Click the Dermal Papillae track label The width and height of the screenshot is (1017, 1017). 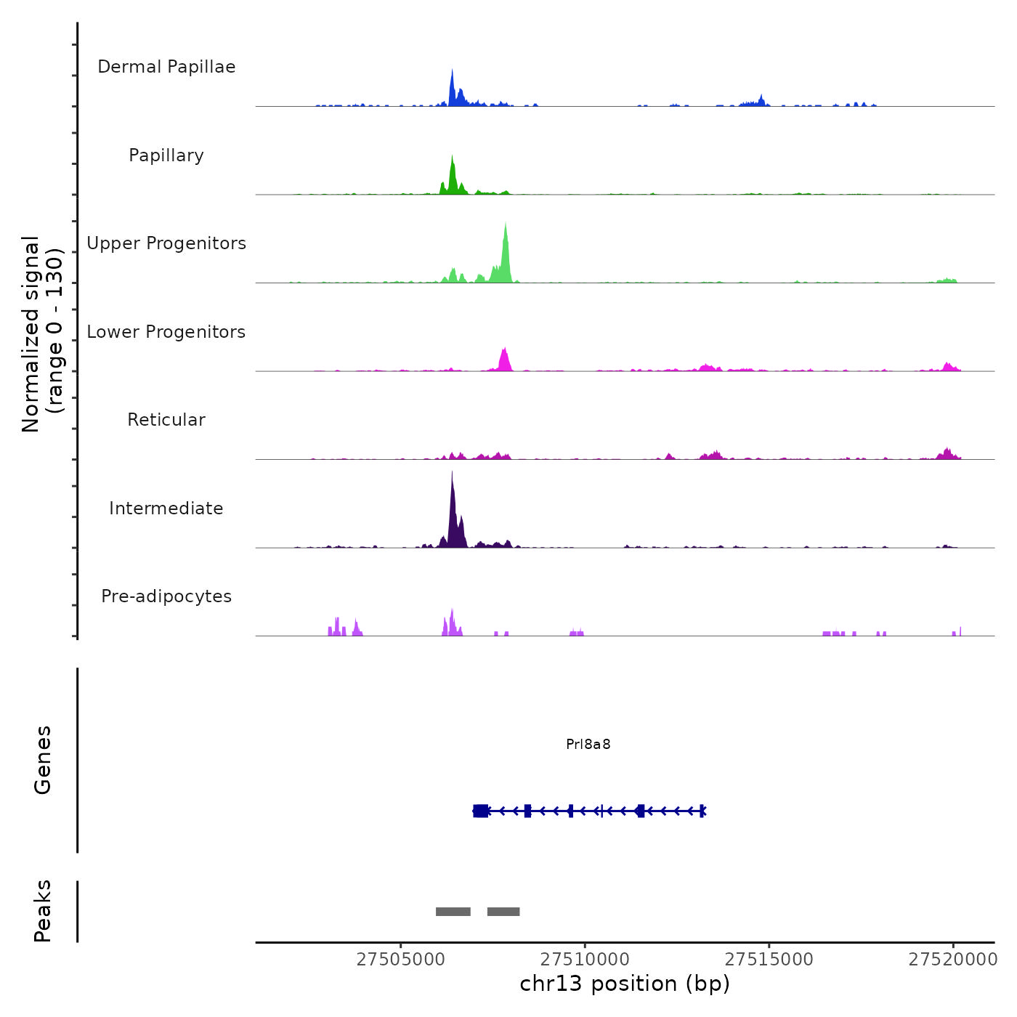[166, 67]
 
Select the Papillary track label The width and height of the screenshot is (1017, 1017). [166, 155]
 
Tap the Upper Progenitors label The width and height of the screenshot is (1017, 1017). [166, 243]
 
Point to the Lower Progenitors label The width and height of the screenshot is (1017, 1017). [166, 332]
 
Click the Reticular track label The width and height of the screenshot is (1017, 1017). [166, 420]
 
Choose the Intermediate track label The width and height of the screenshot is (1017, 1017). [166, 508]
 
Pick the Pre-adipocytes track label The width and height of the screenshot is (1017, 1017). [166, 596]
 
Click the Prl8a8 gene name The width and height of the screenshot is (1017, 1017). [588, 745]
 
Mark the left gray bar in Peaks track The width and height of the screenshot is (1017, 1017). [453, 912]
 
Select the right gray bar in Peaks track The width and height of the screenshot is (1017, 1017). [503, 912]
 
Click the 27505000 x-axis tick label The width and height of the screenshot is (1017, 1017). [401, 960]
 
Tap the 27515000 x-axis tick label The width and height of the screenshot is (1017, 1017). [769, 960]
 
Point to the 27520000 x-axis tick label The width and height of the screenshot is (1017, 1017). [953, 960]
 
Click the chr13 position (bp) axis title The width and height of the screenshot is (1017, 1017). [625, 984]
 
